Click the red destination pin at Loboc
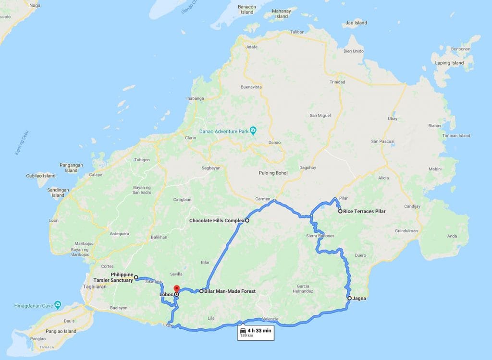[x=176, y=289]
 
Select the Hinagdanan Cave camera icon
[x=58, y=304]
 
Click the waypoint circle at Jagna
[x=350, y=298]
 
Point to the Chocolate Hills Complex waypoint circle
[x=247, y=221]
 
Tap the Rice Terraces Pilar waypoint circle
[x=340, y=211]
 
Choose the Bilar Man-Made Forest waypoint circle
[x=201, y=291]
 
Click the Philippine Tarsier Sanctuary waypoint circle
[x=136, y=277]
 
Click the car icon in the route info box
[x=243, y=331]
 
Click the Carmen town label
[x=262, y=199]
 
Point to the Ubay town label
[x=392, y=119]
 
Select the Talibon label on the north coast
[x=297, y=32]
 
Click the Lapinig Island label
[x=450, y=63]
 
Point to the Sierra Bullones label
[x=320, y=236]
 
